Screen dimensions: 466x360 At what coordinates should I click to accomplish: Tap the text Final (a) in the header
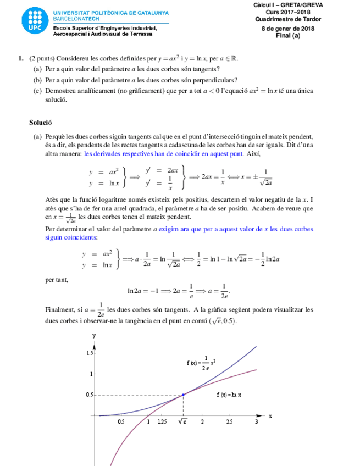[287, 36]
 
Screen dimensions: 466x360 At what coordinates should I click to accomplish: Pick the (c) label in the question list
[37, 91]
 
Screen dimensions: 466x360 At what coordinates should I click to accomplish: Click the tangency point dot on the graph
[183, 395]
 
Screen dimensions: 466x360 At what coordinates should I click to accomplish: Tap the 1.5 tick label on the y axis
[90, 352]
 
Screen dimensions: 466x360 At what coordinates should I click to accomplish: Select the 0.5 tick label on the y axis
[90, 395]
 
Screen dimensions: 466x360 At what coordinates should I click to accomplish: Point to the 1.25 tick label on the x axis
[162, 422]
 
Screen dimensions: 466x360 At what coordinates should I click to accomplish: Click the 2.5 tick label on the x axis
[229, 422]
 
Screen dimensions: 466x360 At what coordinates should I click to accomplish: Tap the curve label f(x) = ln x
[230, 395]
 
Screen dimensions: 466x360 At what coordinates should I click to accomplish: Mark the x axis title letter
[270, 416]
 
